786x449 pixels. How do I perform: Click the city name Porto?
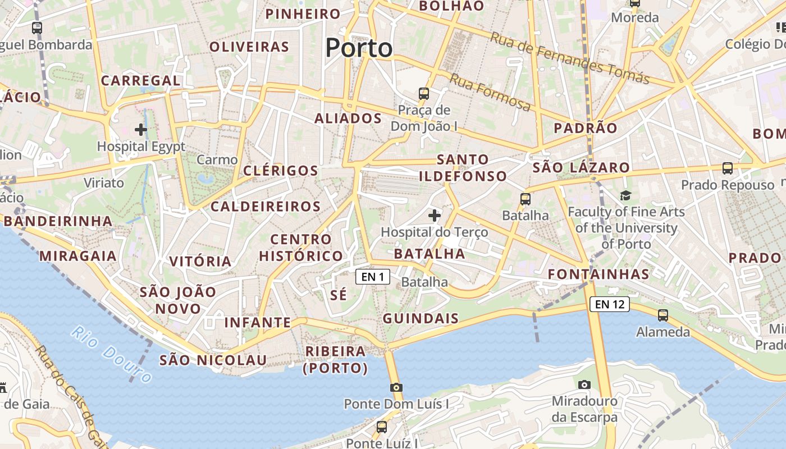tap(359, 48)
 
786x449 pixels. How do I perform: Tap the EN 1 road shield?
tap(373, 277)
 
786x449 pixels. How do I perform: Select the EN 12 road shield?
tap(610, 305)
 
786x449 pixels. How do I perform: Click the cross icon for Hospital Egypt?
tap(141, 130)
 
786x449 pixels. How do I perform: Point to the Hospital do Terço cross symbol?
tap(435, 215)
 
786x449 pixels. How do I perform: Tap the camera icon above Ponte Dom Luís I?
tap(396, 387)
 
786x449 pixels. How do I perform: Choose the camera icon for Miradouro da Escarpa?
tap(584, 384)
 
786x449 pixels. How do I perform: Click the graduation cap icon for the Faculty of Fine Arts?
tap(625, 195)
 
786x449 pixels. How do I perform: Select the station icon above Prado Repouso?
tap(728, 168)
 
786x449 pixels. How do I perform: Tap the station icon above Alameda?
tap(663, 315)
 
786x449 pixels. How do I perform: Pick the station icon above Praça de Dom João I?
tap(424, 93)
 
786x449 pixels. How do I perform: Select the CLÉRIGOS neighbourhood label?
tap(281, 171)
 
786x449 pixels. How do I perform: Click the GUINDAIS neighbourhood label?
tap(421, 319)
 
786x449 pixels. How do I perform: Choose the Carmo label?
tap(217, 160)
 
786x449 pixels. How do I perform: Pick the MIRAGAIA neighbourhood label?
tap(78, 256)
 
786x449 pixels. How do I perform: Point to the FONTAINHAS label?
tap(598, 274)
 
